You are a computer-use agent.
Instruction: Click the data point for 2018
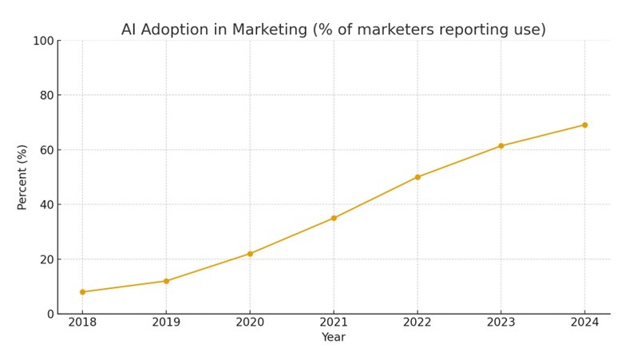[x=82, y=292]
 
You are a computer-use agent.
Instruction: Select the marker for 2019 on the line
[x=166, y=281]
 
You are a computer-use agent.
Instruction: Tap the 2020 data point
[x=250, y=254]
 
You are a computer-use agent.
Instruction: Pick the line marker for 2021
[x=334, y=218]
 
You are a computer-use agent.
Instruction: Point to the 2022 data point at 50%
[x=417, y=177]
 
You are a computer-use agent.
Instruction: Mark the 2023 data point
[x=500, y=146]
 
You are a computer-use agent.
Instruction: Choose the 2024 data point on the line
[x=584, y=125]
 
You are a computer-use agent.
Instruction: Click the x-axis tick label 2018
[x=82, y=323]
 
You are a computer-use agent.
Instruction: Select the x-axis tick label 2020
[x=250, y=323]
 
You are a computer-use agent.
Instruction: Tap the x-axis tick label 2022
[x=417, y=323]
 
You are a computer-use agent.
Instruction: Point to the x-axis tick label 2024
[x=584, y=323]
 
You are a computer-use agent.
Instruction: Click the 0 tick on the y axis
[x=49, y=314]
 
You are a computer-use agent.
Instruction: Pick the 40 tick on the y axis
[x=45, y=204]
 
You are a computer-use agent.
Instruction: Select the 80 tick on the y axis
[x=45, y=96]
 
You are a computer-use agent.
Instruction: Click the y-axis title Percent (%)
[x=22, y=177]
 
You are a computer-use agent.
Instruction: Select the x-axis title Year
[x=334, y=338]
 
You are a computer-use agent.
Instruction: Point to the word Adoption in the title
[x=176, y=30]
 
